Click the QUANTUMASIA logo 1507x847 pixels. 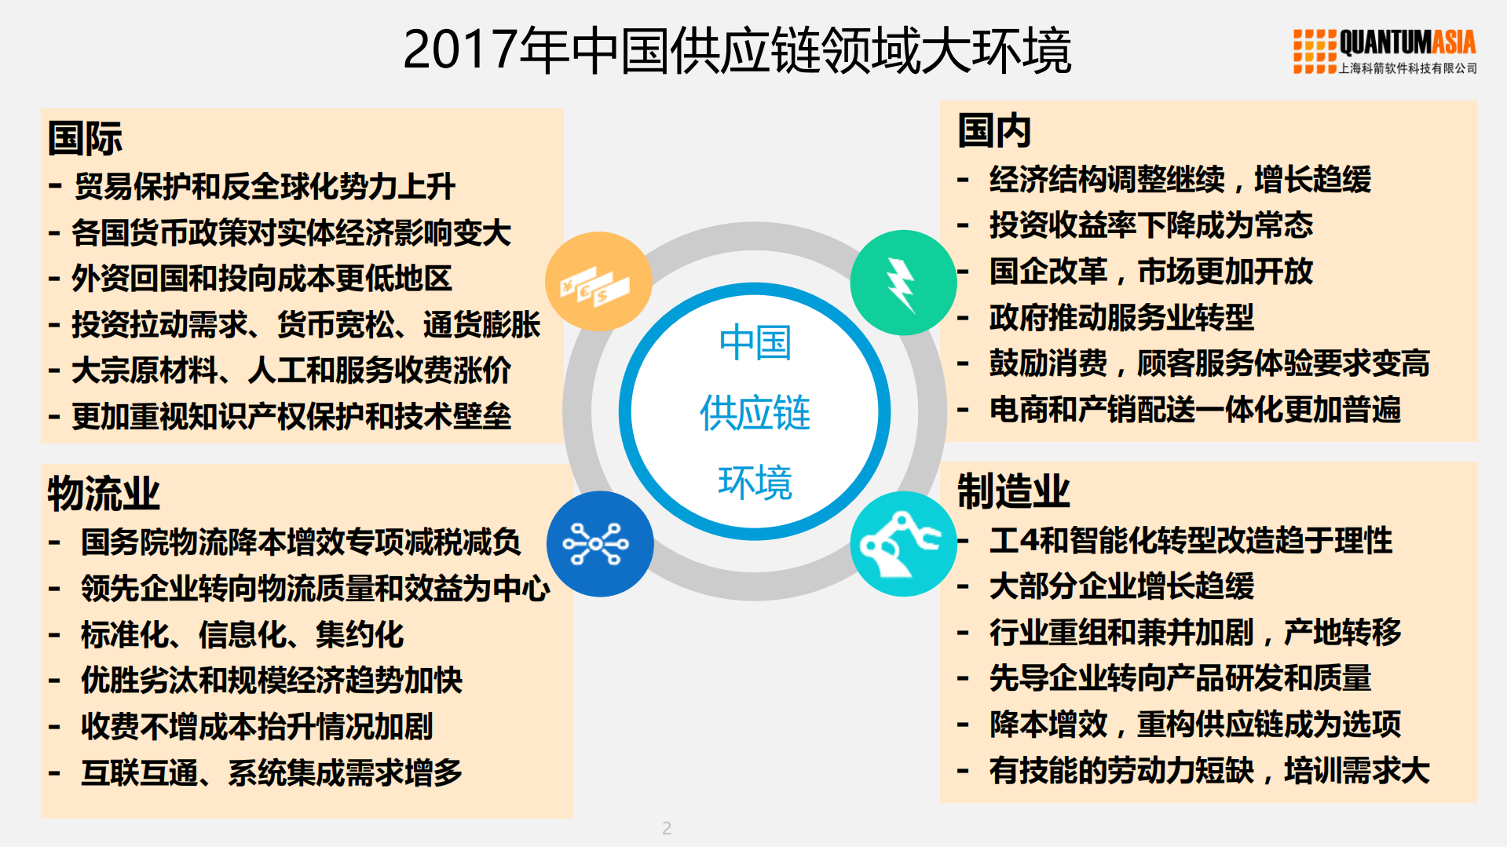pos(1384,51)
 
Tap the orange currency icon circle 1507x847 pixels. pos(598,282)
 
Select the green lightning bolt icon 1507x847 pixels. pos(903,283)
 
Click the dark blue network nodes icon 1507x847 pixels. pos(599,543)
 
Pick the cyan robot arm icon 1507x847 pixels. pos(903,543)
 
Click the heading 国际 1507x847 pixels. pos(85,138)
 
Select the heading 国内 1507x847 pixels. pos(993,130)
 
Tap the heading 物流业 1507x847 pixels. pos(104,493)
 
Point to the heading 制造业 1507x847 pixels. pos(1013,491)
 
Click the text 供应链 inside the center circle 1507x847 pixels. pos(755,413)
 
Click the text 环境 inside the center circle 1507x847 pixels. pos(755,482)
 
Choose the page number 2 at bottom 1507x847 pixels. pos(667,827)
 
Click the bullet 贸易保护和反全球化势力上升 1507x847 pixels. pos(264,187)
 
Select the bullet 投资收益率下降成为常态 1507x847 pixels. pos(1150,225)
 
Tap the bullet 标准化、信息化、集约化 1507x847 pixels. pos(242,634)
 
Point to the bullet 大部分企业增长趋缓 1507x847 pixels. pos(1121,586)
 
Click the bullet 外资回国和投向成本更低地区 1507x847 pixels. pos(262,279)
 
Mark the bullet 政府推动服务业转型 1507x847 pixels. pos(1121,317)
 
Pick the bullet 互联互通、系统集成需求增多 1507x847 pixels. pos(271,772)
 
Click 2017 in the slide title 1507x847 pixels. pos(460,50)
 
